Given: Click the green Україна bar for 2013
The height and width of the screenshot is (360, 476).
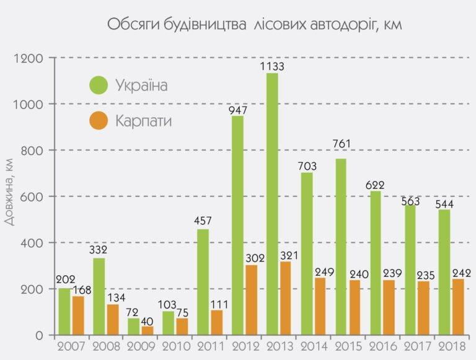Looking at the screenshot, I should (x=272, y=204).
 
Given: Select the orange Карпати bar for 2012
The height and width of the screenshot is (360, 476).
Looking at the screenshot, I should (x=251, y=300).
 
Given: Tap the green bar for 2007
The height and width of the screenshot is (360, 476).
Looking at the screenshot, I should (x=64, y=312).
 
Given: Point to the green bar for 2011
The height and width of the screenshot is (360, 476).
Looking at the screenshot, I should (x=203, y=282).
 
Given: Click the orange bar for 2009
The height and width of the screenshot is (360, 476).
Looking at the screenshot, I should (x=147, y=330).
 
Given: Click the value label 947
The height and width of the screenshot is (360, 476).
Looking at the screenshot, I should (x=238, y=110).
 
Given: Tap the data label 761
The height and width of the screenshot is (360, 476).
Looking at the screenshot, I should (x=341, y=144).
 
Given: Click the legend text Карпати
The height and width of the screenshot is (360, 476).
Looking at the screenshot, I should (x=143, y=120).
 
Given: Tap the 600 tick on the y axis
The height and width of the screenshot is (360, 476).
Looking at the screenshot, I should (x=30, y=197).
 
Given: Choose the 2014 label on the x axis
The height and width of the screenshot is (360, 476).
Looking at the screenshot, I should (x=314, y=346).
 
